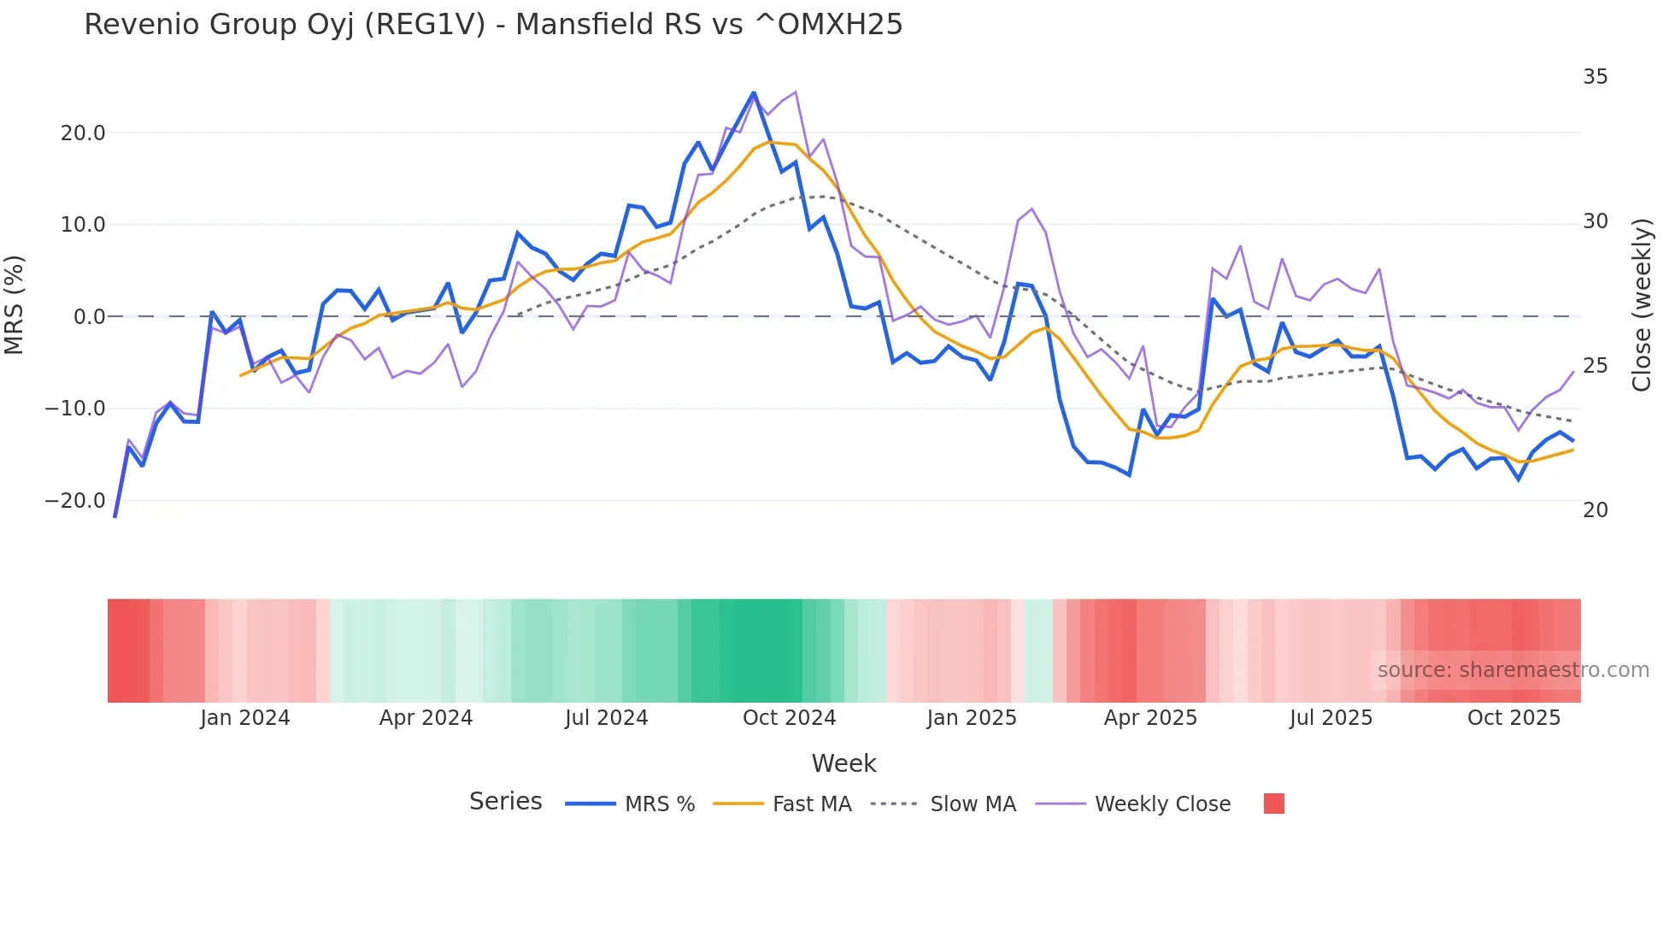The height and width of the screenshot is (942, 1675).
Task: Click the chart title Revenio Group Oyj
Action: point(492,25)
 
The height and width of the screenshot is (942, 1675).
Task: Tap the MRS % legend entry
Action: point(659,804)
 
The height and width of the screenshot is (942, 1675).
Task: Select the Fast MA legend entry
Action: point(811,804)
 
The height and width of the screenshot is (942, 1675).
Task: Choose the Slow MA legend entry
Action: point(973,804)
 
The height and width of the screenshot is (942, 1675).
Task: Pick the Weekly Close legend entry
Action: point(1162,804)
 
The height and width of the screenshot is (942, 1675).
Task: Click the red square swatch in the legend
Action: point(1273,804)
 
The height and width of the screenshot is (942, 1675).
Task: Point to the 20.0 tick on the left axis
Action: point(83,133)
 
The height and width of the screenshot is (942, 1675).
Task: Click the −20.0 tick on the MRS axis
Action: point(75,501)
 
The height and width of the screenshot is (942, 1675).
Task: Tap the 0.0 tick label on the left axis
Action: point(89,317)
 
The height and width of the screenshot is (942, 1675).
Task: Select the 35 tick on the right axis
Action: point(1595,77)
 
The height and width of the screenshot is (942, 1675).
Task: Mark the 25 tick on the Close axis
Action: point(1595,366)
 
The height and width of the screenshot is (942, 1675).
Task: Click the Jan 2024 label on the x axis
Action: point(245,718)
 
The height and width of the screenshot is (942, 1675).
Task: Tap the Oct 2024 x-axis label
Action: point(789,718)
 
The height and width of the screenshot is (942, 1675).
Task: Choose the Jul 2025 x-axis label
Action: point(1331,718)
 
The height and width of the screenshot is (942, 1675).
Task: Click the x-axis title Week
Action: point(843,763)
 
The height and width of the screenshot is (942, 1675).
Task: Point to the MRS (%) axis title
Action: point(15,304)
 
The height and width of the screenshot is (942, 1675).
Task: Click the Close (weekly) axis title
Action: point(1641,305)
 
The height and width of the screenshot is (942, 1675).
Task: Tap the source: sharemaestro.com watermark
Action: point(1513,670)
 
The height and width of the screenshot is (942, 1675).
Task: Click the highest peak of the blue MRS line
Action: point(754,92)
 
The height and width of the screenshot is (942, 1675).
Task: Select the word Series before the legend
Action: point(505,802)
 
